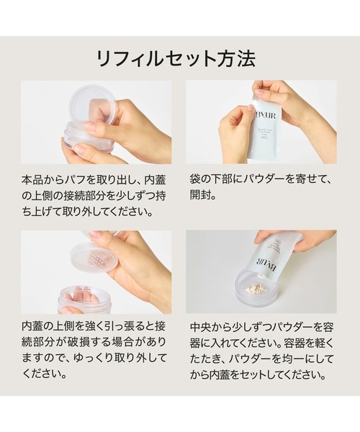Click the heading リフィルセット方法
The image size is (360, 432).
[x=180, y=58]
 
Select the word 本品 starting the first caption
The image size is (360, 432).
[x=33, y=176]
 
